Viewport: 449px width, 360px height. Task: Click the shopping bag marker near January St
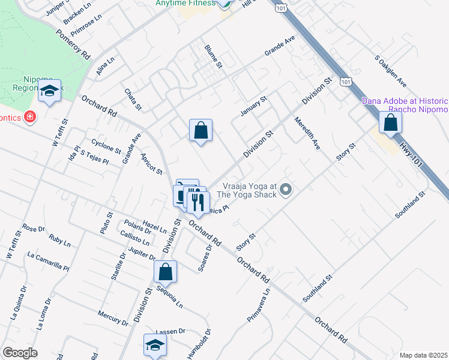[x=201, y=130]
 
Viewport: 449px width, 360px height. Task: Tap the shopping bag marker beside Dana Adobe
[x=390, y=122]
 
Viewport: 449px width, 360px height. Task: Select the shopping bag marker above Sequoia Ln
[x=166, y=271]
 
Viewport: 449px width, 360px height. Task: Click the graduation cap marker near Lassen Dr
[x=155, y=344]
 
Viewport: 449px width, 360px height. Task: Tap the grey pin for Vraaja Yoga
[x=286, y=190]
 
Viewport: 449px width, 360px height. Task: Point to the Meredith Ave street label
[x=308, y=134]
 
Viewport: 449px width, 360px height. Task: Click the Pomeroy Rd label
[x=73, y=44]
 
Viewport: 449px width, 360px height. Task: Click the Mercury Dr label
[x=113, y=318]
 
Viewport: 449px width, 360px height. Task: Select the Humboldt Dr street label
[x=207, y=343]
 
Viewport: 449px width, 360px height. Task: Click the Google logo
[x=20, y=353]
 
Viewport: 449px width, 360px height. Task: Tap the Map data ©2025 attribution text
[x=423, y=355]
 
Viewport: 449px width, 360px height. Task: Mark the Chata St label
[x=132, y=100]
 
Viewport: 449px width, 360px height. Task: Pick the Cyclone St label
[x=106, y=146]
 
